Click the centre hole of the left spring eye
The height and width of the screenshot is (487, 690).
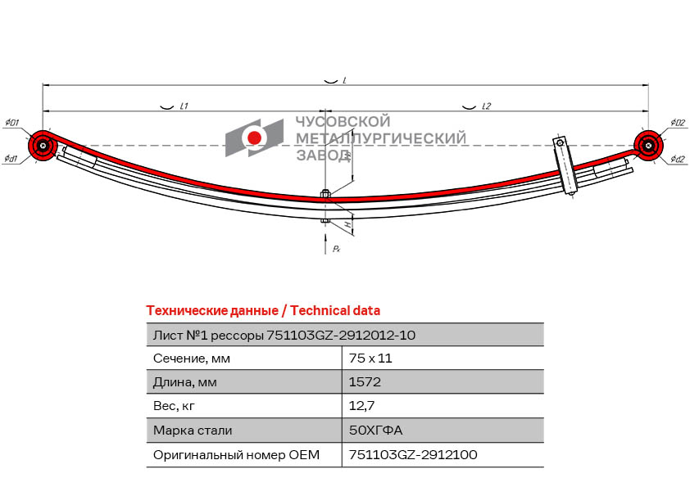pyautogui.click(x=43, y=146)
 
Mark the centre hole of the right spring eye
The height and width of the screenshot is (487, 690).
pyautogui.click(x=648, y=146)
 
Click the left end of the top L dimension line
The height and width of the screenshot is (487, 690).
pyautogui.click(x=43, y=86)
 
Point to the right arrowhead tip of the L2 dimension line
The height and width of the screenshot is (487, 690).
pyautogui.click(x=649, y=111)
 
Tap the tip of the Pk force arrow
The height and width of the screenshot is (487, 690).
pyautogui.click(x=325, y=234)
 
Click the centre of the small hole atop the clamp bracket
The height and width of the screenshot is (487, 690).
pyautogui.click(x=560, y=142)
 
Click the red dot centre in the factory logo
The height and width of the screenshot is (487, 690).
pyautogui.click(x=254, y=138)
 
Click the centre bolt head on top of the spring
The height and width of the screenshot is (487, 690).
pyautogui.click(x=325, y=193)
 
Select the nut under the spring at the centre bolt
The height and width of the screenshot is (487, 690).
pyautogui.click(x=325, y=221)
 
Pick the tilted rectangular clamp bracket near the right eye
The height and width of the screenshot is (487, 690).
pyautogui.click(x=565, y=165)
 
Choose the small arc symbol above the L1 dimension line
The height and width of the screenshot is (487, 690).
pyautogui.click(x=165, y=107)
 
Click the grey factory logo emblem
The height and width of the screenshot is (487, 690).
pyautogui.click(x=254, y=138)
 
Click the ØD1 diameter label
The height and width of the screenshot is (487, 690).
pyautogui.click(x=11, y=123)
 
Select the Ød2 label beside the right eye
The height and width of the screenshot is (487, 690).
pyautogui.click(x=679, y=159)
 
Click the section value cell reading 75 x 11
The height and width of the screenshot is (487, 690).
pyautogui.click(x=370, y=358)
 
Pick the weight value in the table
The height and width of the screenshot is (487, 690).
pyautogui.click(x=361, y=406)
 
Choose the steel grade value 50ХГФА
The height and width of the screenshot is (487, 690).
pyautogui.click(x=376, y=430)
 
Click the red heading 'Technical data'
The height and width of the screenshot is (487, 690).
pyautogui.click(x=335, y=311)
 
